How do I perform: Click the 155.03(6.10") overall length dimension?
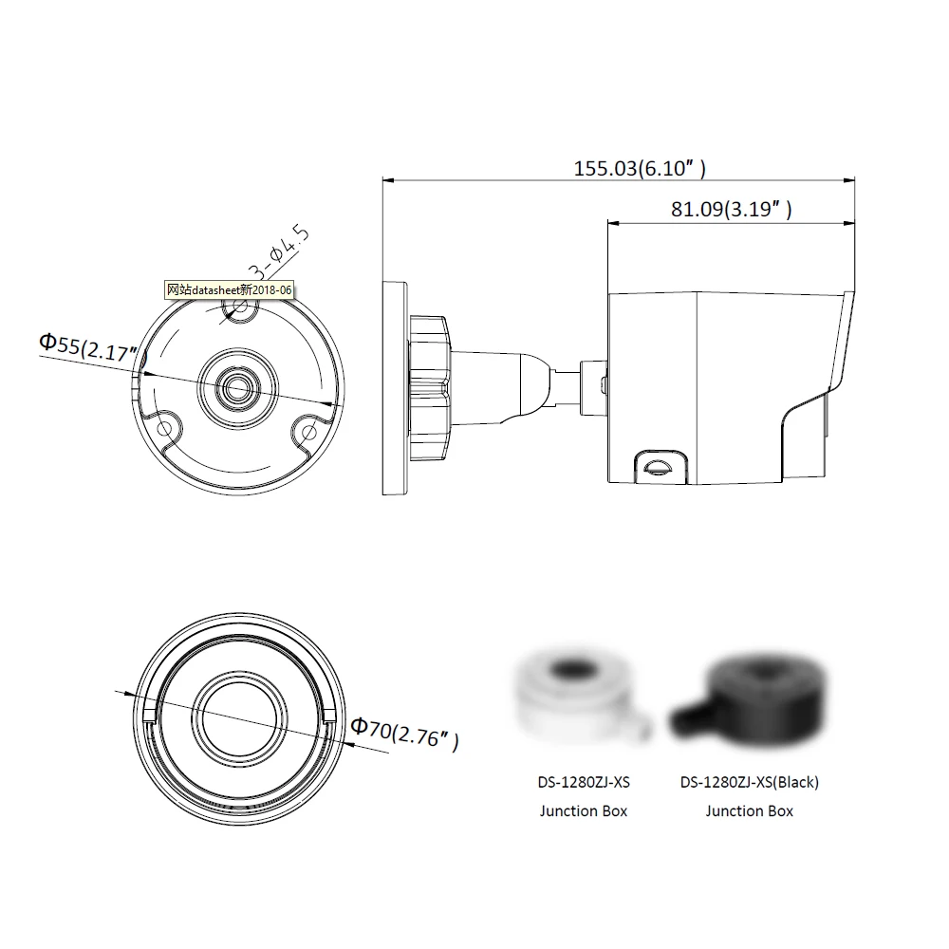[x=640, y=168]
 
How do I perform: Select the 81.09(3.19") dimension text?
[x=731, y=210]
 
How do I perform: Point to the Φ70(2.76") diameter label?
[x=404, y=734]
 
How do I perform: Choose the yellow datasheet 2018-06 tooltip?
[x=230, y=289]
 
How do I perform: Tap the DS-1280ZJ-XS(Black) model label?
[x=750, y=783]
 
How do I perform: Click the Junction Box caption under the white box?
[x=584, y=811]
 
